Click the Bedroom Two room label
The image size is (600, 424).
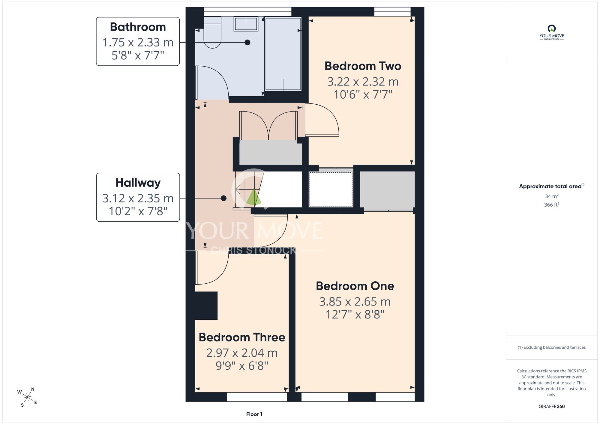coord(363,66)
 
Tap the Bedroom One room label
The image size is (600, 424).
coord(355,286)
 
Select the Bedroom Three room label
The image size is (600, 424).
coord(242,337)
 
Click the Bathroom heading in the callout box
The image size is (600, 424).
coord(138,27)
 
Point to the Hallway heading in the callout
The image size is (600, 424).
coord(138,183)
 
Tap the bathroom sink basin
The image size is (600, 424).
coord(246,24)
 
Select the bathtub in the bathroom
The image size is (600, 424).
coord(283,54)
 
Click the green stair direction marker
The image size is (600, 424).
coord(254,197)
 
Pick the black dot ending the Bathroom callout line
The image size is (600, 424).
coord(247,42)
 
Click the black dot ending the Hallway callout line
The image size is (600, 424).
coord(223,198)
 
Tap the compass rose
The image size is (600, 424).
coord(27,397)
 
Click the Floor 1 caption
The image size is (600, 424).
coord(254,414)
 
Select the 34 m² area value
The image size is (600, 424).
coord(551,196)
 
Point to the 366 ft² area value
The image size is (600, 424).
coord(551,205)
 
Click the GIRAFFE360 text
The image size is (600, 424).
coord(551,407)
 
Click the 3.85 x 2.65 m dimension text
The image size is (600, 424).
coord(355,302)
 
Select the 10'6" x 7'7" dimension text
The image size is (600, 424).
coord(363,95)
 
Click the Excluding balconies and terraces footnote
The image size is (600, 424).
coord(551,347)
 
